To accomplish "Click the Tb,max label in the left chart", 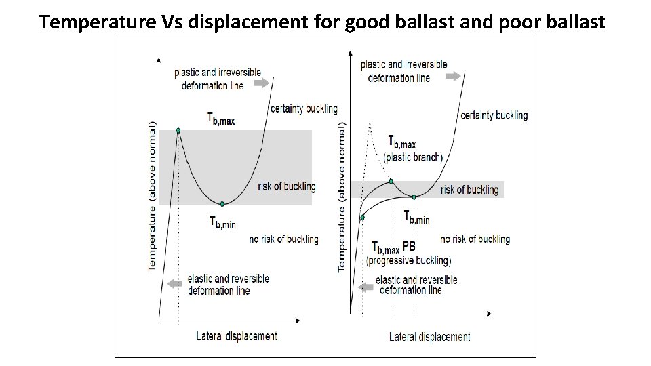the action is pyautogui.click(x=220, y=119).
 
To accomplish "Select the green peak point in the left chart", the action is pyautogui.click(x=178, y=130).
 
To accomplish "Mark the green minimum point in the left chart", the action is pyautogui.click(x=222, y=203).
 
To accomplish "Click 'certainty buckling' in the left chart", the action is pyautogui.click(x=304, y=109).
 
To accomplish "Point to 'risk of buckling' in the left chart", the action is pyautogui.click(x=287, y=186).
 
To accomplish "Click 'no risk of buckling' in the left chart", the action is pyautogui.click(x=283, y=239).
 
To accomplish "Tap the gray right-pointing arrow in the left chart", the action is pyautogui.click(x=261, y=83).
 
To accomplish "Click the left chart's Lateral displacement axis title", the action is pyautogui.click(x=237, y=335).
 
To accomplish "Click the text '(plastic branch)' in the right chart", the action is pyautogui.click(x=413, y=157).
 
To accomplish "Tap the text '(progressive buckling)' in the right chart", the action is pyautogui.click(x=408, y=260).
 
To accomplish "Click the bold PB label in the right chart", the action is pyautogui.click(x=409, y=245).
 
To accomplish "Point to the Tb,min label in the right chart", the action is pyautogui.click(x=416, y=218).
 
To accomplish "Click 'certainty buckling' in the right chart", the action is pyautogui.click(x=494, y=115).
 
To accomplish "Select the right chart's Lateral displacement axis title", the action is pyautogui.click(x=429, y=336).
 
